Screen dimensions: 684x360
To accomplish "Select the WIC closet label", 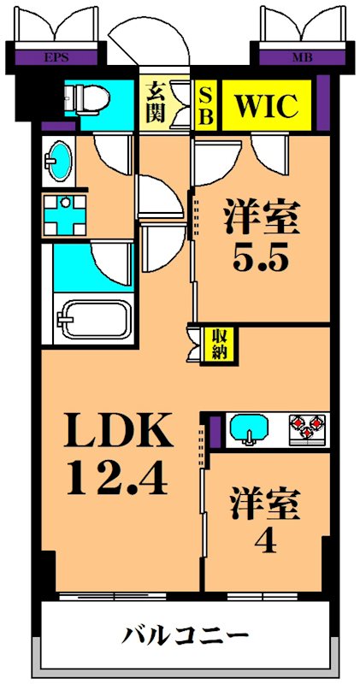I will click(x=266, y=108).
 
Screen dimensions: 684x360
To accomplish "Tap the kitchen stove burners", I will click(x=308, y=428).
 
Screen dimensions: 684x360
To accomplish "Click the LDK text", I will click(x=117, y=433).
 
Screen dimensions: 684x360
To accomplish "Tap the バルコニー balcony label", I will click(x=186, y=637).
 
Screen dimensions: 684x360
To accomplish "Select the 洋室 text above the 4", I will click(x=266, y=503).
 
